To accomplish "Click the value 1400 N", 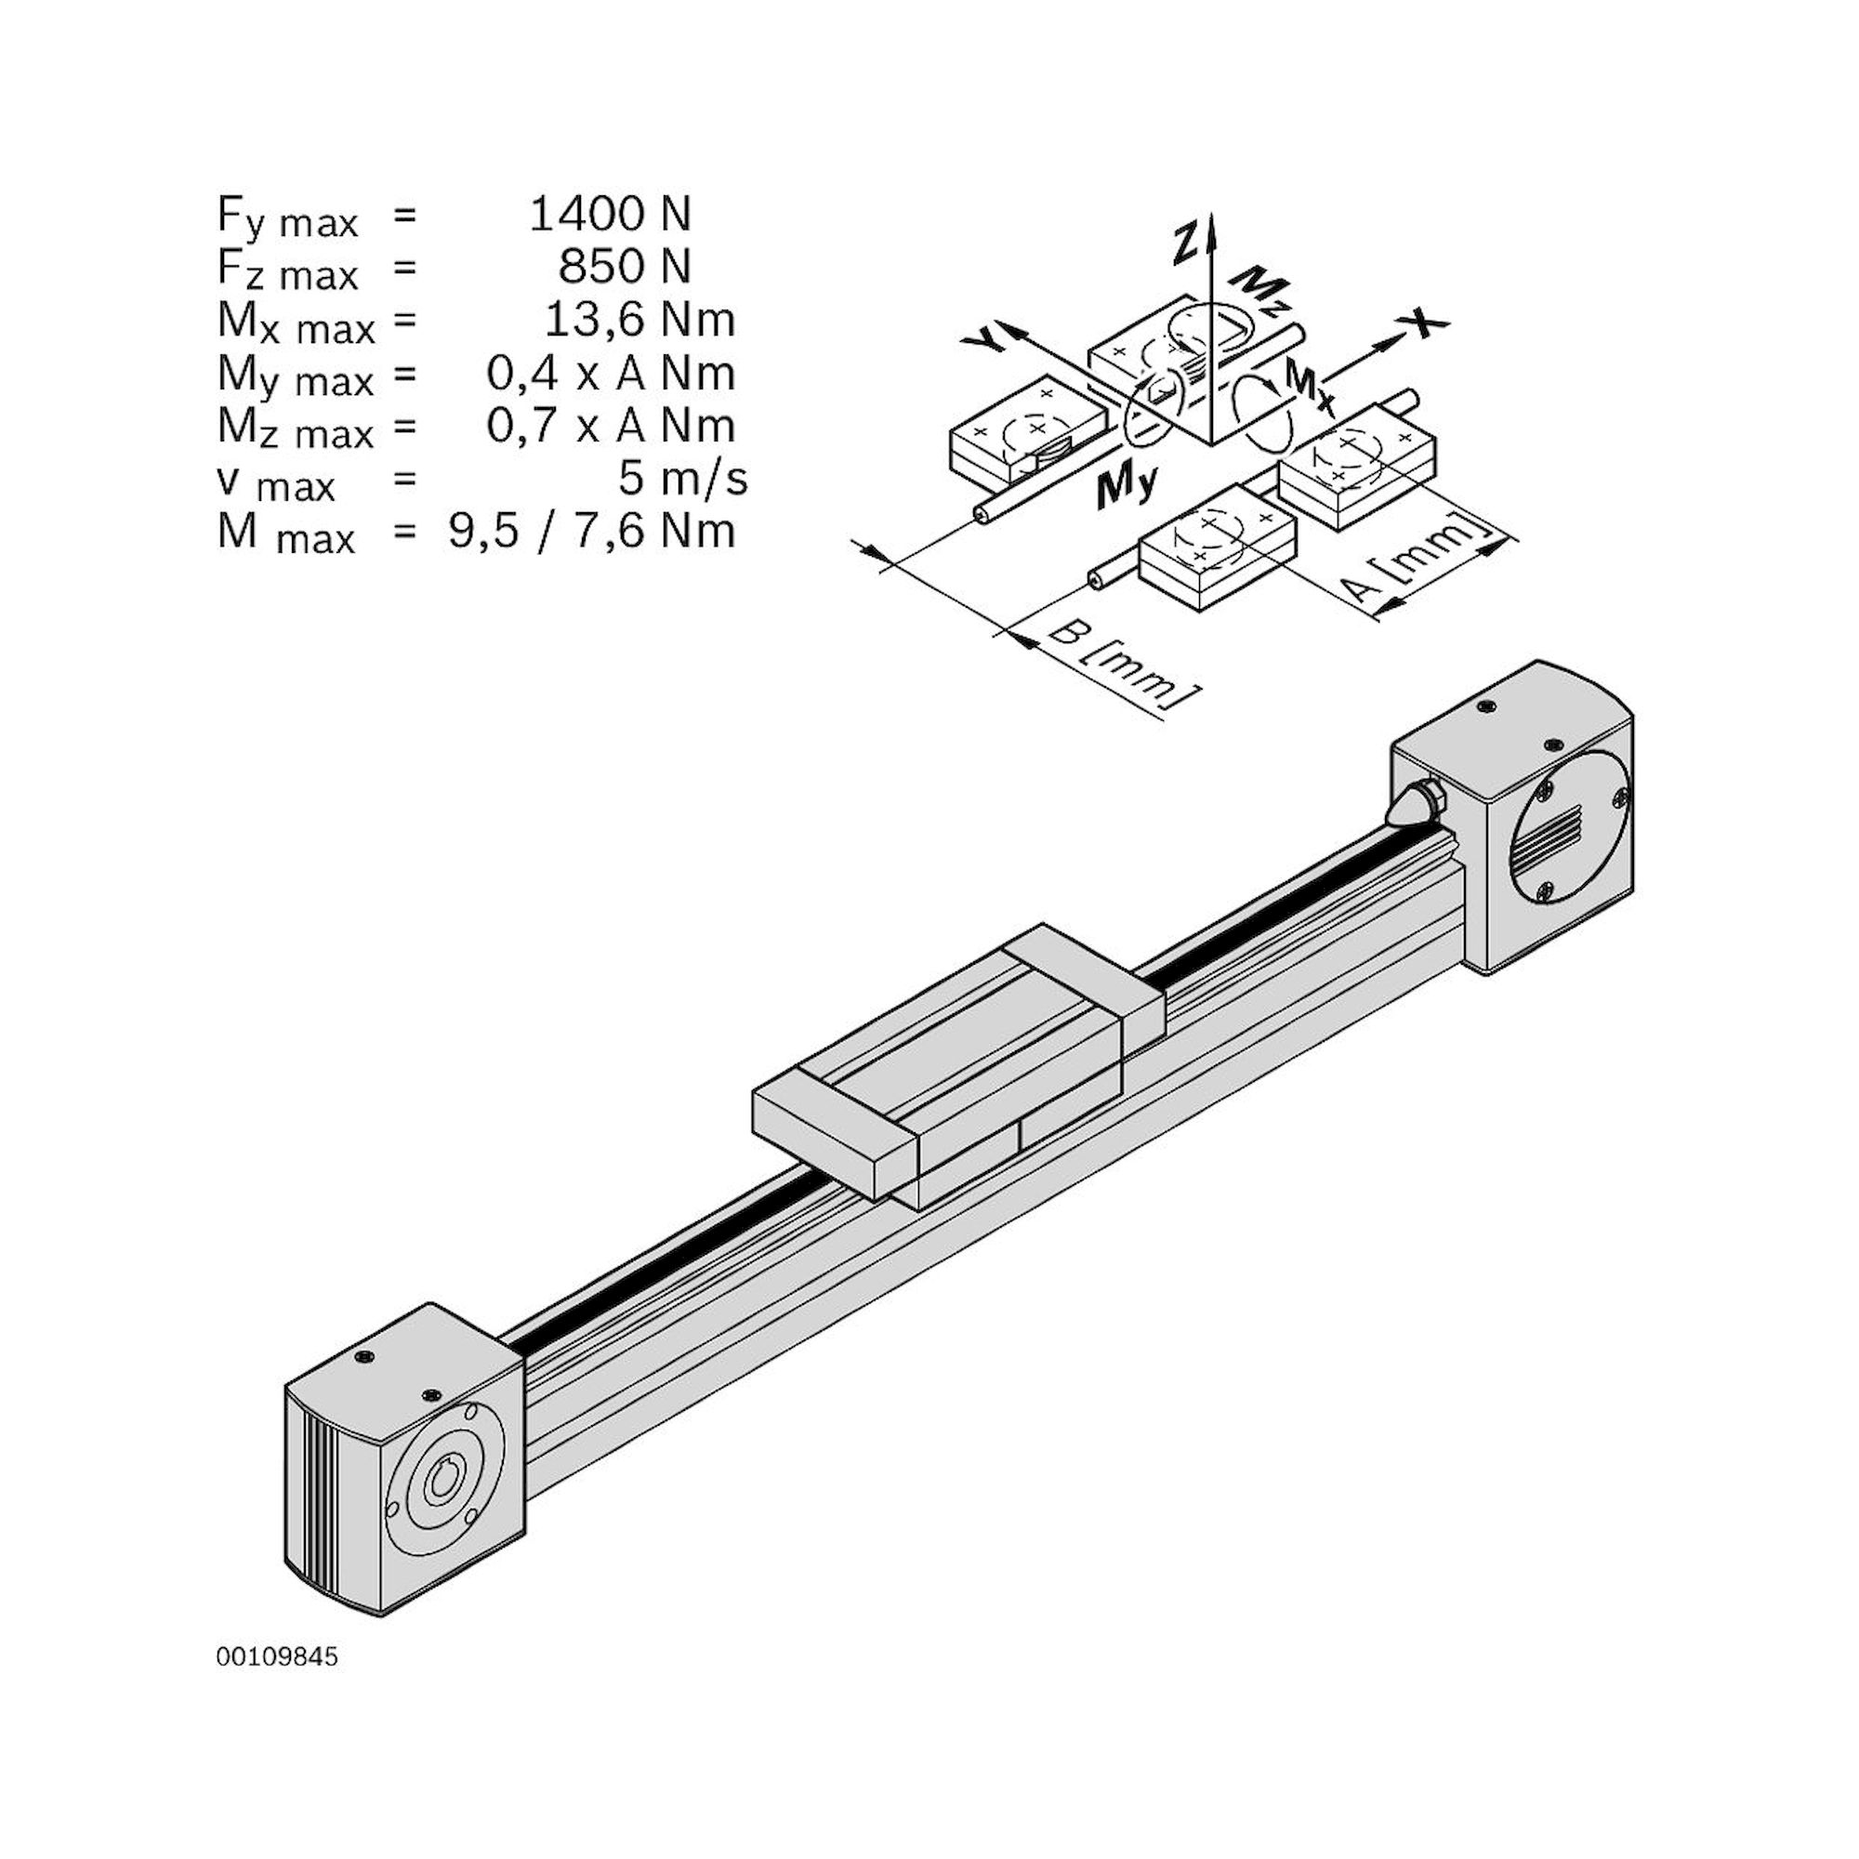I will coord(610,214).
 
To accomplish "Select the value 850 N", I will coord(625,267).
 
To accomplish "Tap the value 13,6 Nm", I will coord(639,320).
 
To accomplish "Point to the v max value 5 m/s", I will coord(682,478).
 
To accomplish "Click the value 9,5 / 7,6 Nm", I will coord(592,531).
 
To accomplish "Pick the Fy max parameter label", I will coord(286,217).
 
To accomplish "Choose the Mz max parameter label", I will coord(295,428).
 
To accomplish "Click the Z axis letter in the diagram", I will coord(1186,243).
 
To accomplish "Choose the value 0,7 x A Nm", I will coord(611,426).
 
